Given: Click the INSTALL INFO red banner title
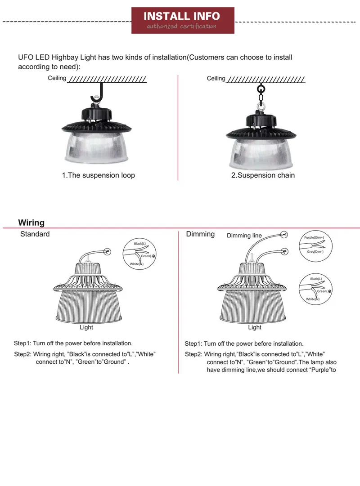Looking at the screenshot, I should (182, 17).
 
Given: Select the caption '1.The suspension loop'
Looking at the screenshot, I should (98, 175).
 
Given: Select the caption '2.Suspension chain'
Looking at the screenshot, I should (263, 175).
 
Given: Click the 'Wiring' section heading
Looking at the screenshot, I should (31, 223).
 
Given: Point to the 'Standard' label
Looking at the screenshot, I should (35, 234).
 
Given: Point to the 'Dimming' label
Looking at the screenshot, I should (200, 234).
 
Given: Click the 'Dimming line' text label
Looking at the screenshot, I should (244, 236).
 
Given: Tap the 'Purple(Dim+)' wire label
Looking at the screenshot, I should (314, 237).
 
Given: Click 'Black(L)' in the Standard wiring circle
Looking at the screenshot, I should (139, 243).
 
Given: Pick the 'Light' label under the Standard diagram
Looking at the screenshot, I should (86, 327).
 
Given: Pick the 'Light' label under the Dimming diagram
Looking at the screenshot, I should (254, 327).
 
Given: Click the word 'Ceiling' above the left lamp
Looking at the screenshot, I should (57, 78).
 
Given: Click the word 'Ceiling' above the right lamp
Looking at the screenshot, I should (216, 79).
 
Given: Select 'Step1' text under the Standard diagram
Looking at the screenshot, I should (22, 343).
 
